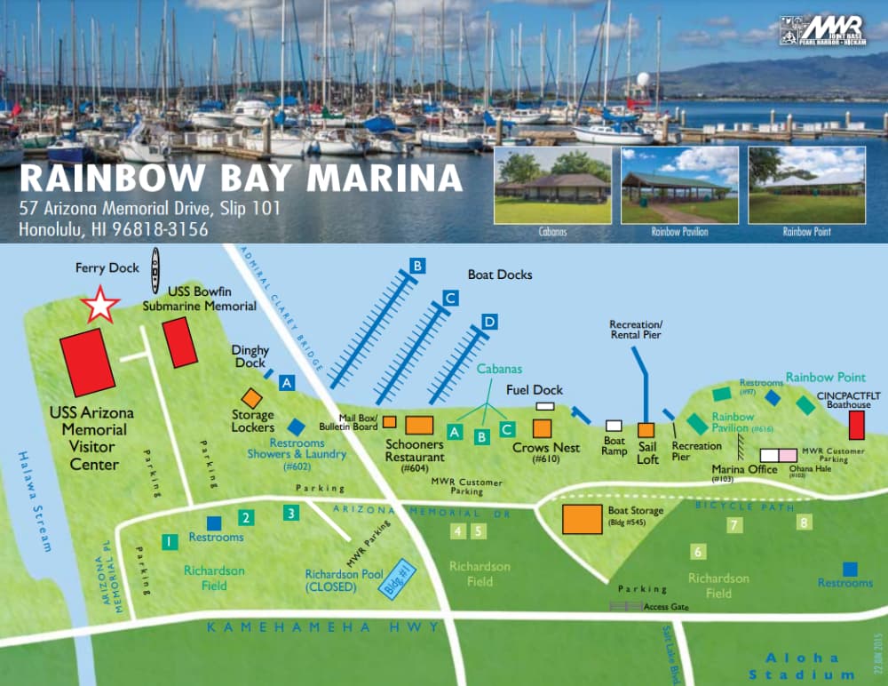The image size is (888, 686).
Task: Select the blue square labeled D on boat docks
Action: [488, 321]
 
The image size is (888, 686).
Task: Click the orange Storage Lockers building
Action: [252, 399]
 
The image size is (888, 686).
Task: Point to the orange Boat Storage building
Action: [582, 518]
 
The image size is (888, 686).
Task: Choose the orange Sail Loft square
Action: [646, 431]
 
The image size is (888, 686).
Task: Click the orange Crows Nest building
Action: [542, 428]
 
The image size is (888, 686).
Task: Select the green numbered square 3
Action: [290, 512]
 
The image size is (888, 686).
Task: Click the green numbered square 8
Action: [805, 522]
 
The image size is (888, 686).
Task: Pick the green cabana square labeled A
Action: [454, 431]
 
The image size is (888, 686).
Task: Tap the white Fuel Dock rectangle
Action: [544, 406]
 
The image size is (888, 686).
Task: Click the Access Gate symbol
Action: [626, 606]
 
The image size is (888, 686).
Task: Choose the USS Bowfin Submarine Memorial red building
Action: [180, 341]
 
